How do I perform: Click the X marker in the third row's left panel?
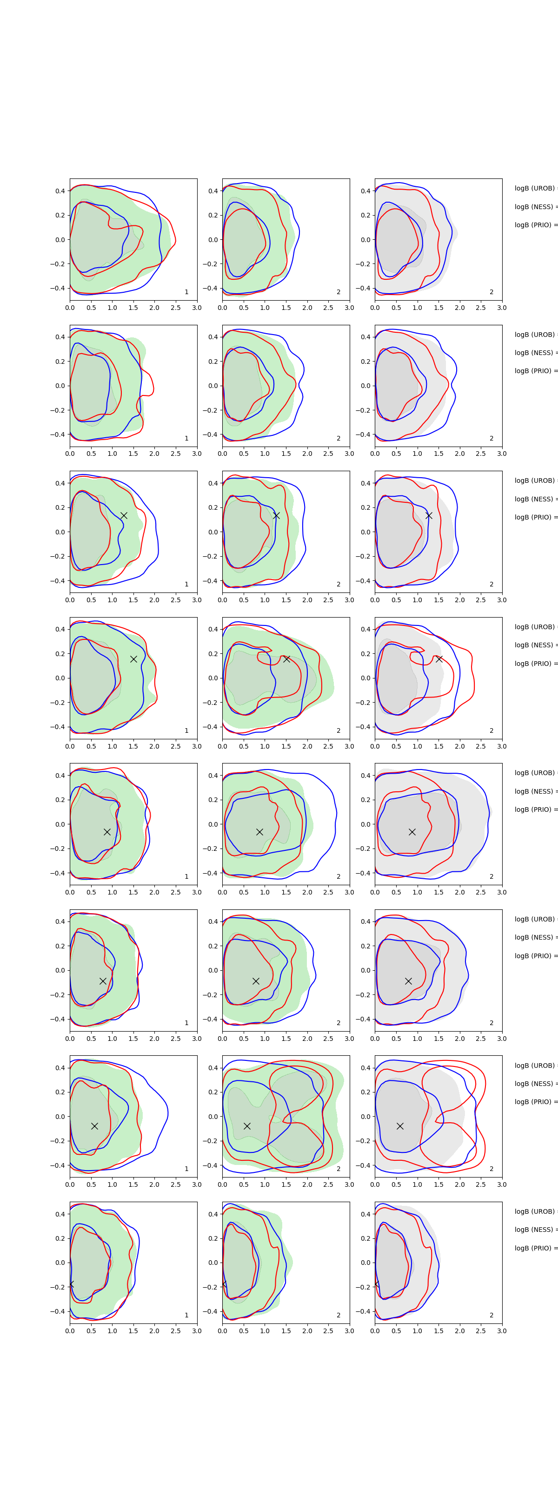[x=124, y=515]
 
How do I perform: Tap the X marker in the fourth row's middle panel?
[x=286, y=658]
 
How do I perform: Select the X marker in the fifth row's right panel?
[x=412, y=832]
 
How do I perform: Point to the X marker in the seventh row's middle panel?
[x=246, y=1125]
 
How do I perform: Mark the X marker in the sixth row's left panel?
[x=103, y=981]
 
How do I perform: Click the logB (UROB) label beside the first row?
[x=535, y=188]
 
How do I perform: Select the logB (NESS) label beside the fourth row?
[x=535, y=645]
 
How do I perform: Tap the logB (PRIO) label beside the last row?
[x=535, y=1248]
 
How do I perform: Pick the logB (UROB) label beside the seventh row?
[x=535, y=1066]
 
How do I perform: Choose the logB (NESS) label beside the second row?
[x=535, y=353]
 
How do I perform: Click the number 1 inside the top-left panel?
[x=186, y=292]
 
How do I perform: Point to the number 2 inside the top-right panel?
[x=492, y=292]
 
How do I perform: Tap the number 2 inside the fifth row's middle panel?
[x=339, y=876]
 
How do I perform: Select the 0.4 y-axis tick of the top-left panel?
[x=60, y=191]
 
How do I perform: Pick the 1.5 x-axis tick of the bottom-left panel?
[x=133, y=1330]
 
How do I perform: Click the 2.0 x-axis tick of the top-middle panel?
[x=307, y=308]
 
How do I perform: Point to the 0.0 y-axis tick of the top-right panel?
[x=365, y=240]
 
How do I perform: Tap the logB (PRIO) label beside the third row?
[x=535, y=517]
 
